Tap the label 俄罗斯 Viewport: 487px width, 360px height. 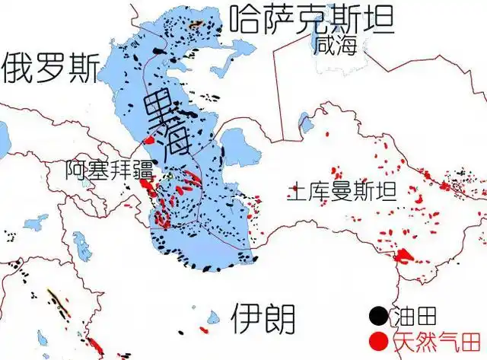(x=49, y=68)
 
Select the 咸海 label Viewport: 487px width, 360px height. (x=339, y=46)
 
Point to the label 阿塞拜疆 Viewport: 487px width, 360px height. (x=109, y=169)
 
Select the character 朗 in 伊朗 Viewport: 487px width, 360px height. (x=279, y=317)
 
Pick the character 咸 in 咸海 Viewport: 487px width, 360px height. (x=329, y=46)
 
